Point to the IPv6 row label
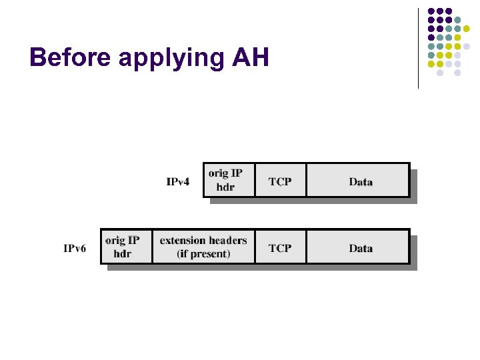click(x=75, y=249)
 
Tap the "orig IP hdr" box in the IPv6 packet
click(x=125, y=247)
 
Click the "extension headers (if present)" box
click(x=203, y=247)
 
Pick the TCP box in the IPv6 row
click(x=280, y=248)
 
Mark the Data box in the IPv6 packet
click(x=360, y=248)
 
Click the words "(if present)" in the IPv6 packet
click(x=203, y=254)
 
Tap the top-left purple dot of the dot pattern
click(x=431, y=11)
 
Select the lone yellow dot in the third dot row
click(x=467, y=29)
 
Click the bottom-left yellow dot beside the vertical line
click(x=431, y=64)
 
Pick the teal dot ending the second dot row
click(x=457, y=20)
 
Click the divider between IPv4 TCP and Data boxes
click(x=306, y=181)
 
